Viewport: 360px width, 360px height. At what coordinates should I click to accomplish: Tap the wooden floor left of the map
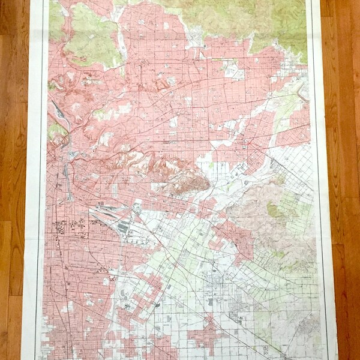[x=12, y=180]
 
